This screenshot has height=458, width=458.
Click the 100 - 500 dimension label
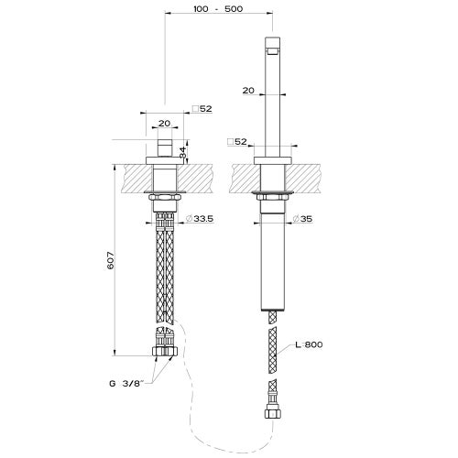point(218,9)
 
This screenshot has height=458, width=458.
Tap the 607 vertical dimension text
point(111,260)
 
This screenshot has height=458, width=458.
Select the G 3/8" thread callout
point(126,384)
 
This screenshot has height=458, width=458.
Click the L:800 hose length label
point(309,344)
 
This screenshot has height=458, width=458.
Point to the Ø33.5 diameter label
point(200,219)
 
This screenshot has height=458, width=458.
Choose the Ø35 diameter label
point(302,219)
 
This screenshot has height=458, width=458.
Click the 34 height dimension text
point(182,152)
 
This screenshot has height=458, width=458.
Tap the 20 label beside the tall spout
point(248,91)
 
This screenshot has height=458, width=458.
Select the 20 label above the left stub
point(164,124)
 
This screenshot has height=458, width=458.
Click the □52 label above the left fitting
point(202,109)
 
